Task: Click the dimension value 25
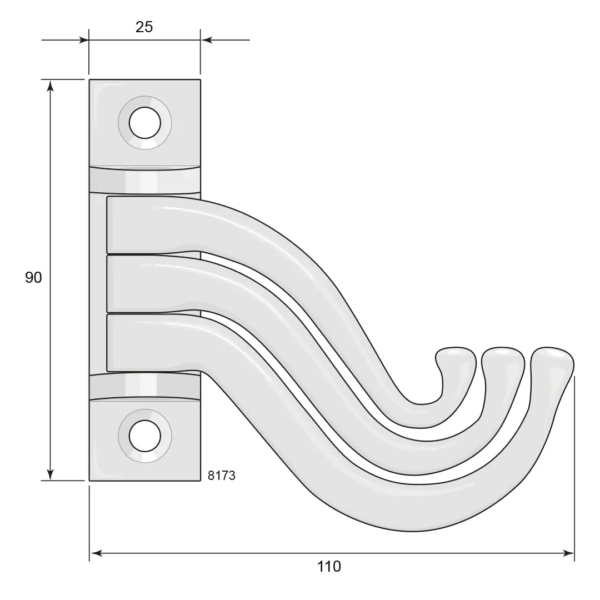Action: click(x=144, y=27)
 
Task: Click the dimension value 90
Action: click(x=33, y=277)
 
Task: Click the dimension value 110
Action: click(x=329, y=566)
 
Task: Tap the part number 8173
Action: click(x=222, y=475)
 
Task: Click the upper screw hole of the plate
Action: click(x=145, y=123)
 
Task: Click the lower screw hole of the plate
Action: click(x=145, y=436)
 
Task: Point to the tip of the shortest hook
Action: click(x=456, y=349)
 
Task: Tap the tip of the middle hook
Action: click(x=502, y=349)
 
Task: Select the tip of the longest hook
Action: click(x=552, y=349)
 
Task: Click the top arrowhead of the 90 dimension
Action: click(x=50, y=86)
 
